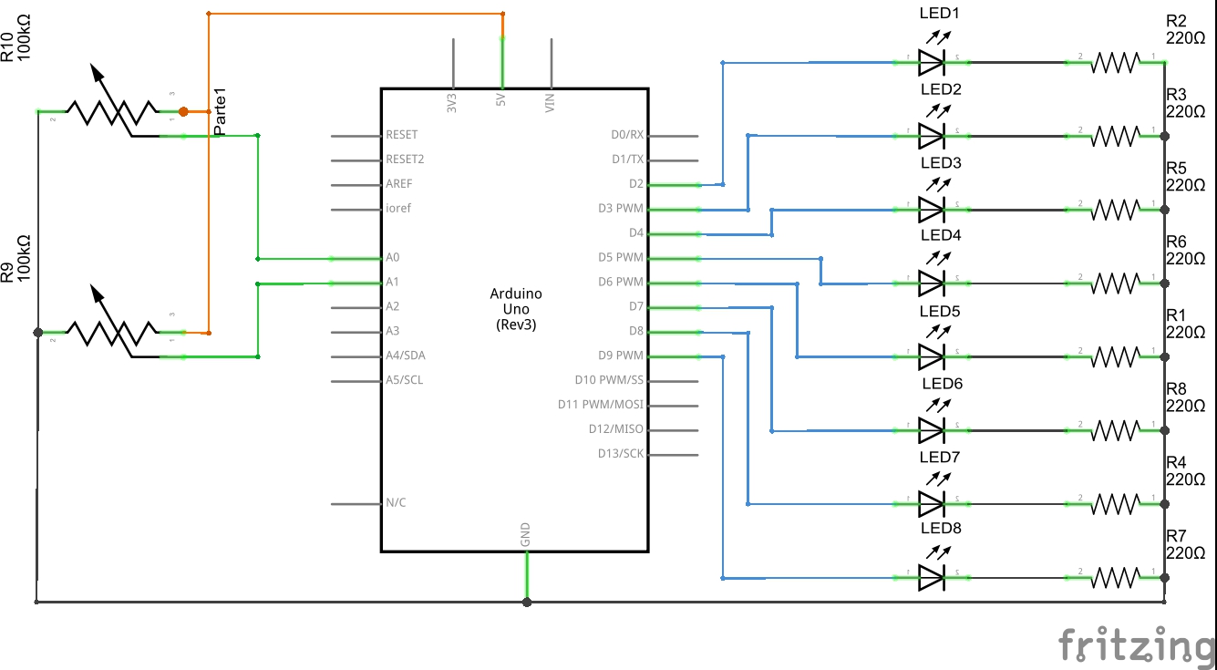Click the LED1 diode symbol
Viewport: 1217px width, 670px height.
(x=931, y=62)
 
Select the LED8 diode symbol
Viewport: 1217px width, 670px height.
(x=931, y=576)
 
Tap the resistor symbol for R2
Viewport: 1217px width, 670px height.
(x=1116, y=62)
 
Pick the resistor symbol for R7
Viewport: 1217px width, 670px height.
(x=1116, y=576)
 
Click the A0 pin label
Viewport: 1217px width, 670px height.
(x=393, y=258)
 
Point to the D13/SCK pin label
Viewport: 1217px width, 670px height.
(x=620, y=454)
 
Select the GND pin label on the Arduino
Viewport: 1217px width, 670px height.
(x=526, y=535)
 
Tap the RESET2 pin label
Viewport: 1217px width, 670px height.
(x=405, y=160)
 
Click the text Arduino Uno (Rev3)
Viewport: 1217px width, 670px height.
(x=516, y=309)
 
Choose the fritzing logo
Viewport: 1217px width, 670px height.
(x=1136, y=644)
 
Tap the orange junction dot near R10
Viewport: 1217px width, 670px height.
(x=183, y=111)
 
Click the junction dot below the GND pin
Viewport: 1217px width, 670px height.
(x=527, y=602)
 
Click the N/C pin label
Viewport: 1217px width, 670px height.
(x=396, y=503)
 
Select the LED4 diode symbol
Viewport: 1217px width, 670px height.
(x=931, y=283)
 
